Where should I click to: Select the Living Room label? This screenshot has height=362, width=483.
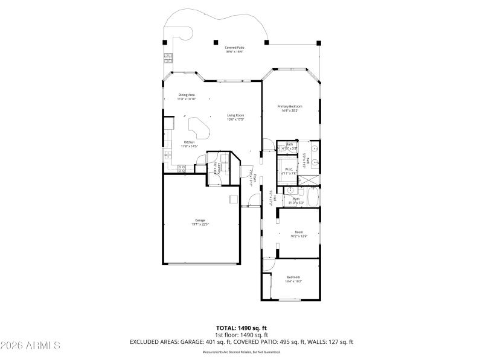(x=235, y=115)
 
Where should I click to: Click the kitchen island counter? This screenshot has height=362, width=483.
(x=199, y=127)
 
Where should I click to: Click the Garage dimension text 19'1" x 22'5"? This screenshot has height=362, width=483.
(x=200, y=224)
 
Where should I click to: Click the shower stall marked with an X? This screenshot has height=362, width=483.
(x=310, y=179)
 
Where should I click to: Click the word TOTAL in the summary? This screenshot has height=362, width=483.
(x=226, y=328)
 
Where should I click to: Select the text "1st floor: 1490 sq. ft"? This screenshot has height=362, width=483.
(x=241, y=335)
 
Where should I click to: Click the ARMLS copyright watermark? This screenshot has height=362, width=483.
(x=30, y=346)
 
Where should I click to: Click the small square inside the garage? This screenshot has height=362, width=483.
(x=233, y=199)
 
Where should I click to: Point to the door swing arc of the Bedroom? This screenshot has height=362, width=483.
(x=268, y=264)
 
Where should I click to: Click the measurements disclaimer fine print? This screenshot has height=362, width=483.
(x=241, y=351)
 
